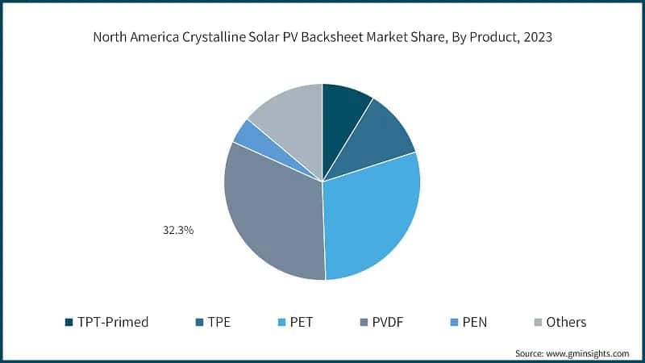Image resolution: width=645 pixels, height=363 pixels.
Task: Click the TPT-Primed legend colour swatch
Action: point(69,322)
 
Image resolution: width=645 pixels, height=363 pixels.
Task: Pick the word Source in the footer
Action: point(530,353)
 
